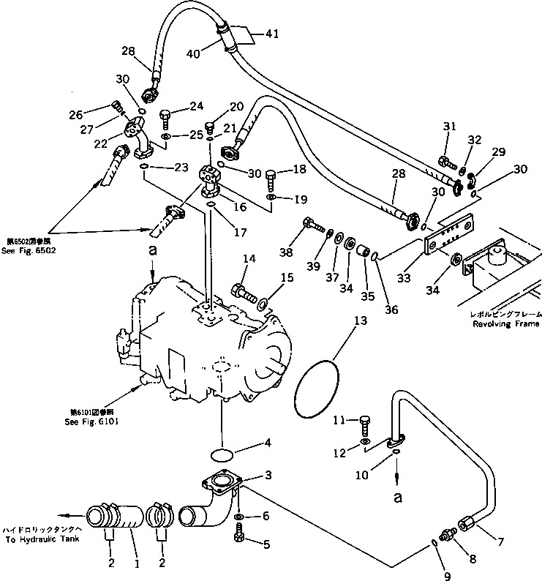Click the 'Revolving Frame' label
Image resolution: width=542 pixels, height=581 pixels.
(505, 323)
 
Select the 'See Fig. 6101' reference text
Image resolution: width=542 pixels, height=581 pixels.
(90, 421)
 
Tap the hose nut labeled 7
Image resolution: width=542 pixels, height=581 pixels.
(467, 523)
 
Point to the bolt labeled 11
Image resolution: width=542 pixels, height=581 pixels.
(366, 424)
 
